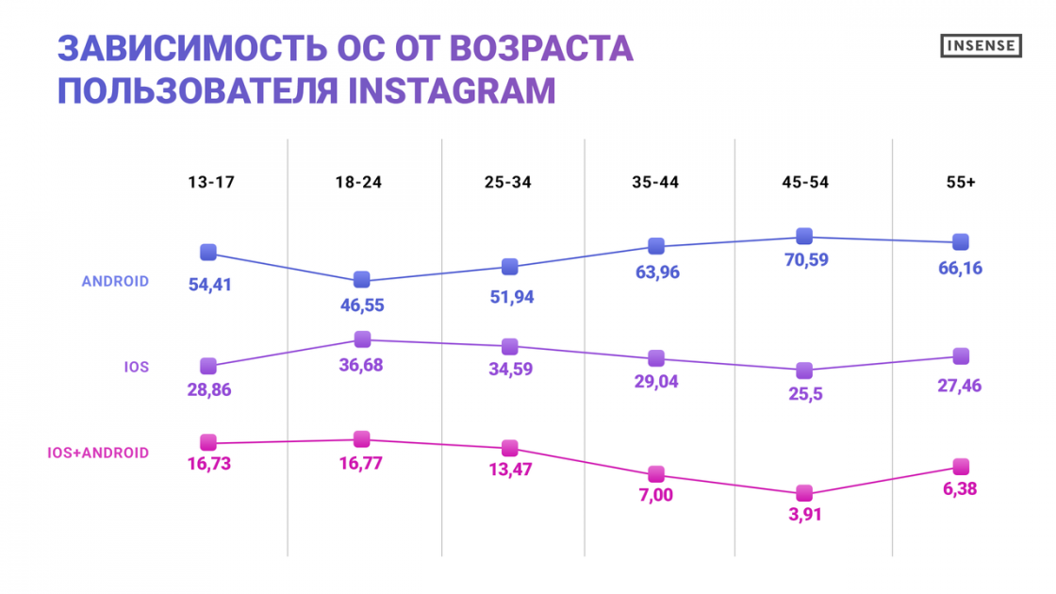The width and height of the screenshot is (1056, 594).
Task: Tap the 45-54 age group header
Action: click(x=804, y=183)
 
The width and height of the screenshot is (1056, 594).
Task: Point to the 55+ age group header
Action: click(x=960, y=183)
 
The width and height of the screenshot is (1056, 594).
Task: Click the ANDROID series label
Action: click(x=115, y=281)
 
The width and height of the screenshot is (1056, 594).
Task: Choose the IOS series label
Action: click(x=136, y=367)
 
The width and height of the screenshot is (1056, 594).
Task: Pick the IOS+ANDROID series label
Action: click(x=98, y=453)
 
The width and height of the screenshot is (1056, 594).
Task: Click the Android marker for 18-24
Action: click(x=362, y=280)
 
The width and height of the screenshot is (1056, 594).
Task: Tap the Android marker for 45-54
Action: click(x=804, y=236)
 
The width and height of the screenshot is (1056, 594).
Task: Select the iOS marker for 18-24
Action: click(x=362, y=339)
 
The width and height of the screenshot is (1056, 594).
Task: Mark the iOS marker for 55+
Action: click(x=961, y=356)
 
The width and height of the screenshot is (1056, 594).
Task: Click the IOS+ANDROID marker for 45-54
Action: click(x=804, y=493)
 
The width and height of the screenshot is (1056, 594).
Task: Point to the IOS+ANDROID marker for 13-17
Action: click(x=208, y=442)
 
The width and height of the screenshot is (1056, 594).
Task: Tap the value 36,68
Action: click(x=362, y=364)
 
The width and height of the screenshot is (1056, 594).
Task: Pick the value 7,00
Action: click(x=656, y=497)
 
